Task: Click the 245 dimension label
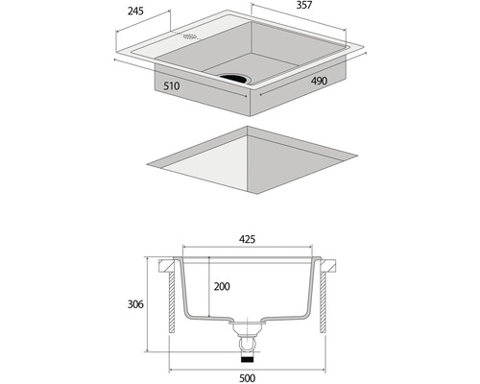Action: (135, 12)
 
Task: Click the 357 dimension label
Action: (303, 6)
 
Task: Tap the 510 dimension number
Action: (172, 86)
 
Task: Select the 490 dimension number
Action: (319, 81)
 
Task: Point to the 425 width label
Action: (247, 239)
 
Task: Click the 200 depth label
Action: (222, 286)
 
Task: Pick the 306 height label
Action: (135, 304)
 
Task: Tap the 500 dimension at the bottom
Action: (247, 378)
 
